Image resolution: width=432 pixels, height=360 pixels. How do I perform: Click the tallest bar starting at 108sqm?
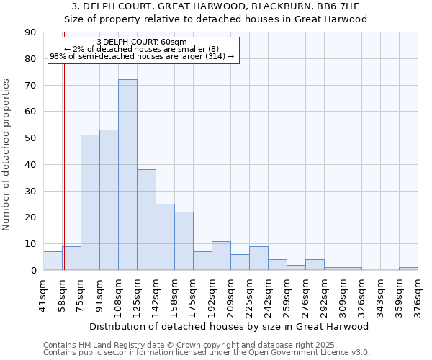pyautogui.click(x=127, y=175)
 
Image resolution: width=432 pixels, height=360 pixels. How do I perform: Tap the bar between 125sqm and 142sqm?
pyautogui.click(x=146, y=220)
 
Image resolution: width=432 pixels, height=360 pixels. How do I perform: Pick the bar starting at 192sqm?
pyautogui.click(x=221, y=256)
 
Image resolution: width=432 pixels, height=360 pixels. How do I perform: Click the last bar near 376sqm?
pyautogui.click(x=408, y=269)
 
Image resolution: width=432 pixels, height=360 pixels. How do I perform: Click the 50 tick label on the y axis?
pyautogui.click(x=30, y=138)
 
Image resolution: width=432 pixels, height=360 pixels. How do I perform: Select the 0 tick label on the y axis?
pyautogui.click(x=32, y=270)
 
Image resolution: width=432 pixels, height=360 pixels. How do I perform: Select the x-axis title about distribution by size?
pyautogui.click(x=230, y=326)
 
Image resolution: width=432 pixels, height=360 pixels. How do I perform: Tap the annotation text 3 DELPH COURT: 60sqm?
pyautogui.click(x=141, y=42)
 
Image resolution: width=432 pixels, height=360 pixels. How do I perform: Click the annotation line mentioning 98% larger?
pyautogui.click(x=141, y=56)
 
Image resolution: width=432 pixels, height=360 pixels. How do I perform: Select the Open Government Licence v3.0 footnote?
pyautogui.click(x=207, y=353)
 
